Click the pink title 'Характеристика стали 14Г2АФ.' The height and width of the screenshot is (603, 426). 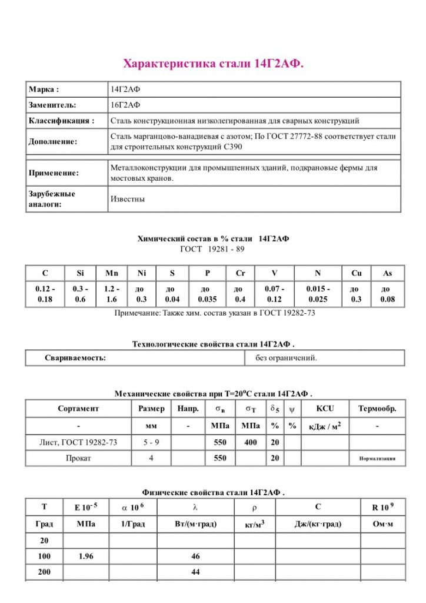pyautogui.click(x=213, y=64)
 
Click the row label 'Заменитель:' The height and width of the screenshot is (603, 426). pyautogui.click(x=52, y=105)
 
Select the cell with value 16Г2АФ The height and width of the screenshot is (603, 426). pyautogui.click(x=125, y=105)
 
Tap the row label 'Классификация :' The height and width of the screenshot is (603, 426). pyautogui.click(x=61, y=121)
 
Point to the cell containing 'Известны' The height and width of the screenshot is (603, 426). pyautogui.click(x=128, y=199)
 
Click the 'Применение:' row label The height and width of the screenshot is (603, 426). pyautogui.click(x=54, y=173)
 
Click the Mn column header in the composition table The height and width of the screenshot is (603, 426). pyautogui.click(x=112, y=273)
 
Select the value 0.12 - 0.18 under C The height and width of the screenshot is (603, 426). pyautogui.click(x=45, y=294)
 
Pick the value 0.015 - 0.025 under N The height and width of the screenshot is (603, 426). pyautogui.click(x=318, y=294)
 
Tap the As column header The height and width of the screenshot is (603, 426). pyautogui.click(x=387, y=273)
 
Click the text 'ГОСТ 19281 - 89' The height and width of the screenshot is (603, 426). pyautogui.click(x=212, y=249)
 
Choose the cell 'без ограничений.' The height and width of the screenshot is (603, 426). pyautogui.click(x=286, y=357)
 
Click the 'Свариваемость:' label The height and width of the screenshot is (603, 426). pyautogui.click(x=75, y=357)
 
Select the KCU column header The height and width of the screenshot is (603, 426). pyautogui.click(x=325, y=408)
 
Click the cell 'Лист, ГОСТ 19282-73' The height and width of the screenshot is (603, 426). pyautogui.click(x=78, y=442)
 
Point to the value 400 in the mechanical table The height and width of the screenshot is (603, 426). pyautogui.click(x=251, y=442)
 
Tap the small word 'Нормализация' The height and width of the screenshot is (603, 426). pyautogui.click(x=377, y=458)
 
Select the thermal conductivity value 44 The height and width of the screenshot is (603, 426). pyautogui.click(x=196, y=572)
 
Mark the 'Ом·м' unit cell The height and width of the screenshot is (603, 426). pyautogui.click(x=382, y=524)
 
